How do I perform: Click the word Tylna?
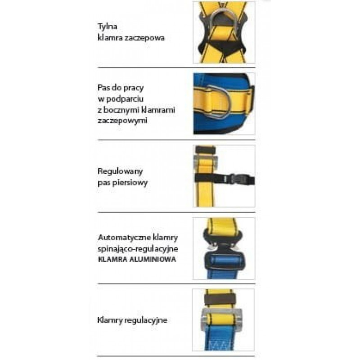(x=108, y=27)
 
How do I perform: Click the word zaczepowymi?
(x=122, y=121)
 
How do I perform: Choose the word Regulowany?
(x=120, y=171)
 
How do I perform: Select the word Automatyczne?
(x=125, y=238)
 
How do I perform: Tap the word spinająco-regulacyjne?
(x=138, y=249)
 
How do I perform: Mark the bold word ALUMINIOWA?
(x=153, y=260)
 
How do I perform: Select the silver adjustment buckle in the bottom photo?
(x=222, y=320)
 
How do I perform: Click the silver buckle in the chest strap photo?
(x=206, y=162)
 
